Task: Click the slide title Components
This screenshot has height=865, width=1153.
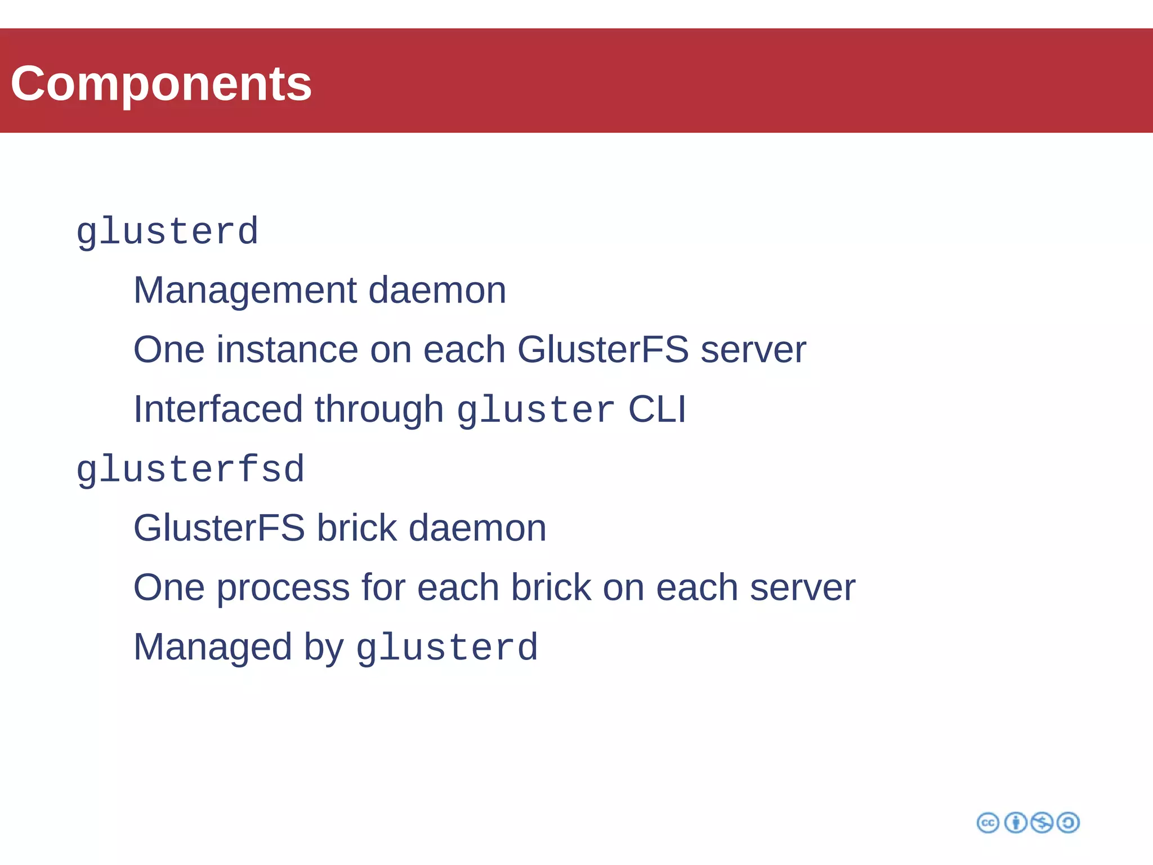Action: [x=161, y=83]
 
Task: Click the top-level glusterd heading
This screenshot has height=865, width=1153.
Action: [x=167, y=231]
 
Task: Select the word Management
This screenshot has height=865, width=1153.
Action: [x=245, y=290]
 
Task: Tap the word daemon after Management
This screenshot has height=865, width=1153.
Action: [x=437, y=290]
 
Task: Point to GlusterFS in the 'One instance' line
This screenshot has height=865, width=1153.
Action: [x=602, y=350]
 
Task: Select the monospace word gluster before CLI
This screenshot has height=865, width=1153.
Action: [x=535, y=410]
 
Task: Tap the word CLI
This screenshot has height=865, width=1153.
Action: [x=657, y=409]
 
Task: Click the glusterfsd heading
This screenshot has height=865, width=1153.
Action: [x=190, y=469]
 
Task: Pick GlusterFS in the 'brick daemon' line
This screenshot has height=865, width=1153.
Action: [x=219, y=528]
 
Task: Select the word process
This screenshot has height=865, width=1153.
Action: [x=283, y=588]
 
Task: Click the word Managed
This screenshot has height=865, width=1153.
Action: [x=213, y=647]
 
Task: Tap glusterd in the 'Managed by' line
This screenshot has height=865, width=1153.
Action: [x=447, y=648]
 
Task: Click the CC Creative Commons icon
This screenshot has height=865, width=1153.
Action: [x=988, y=823]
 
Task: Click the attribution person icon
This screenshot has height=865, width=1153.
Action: [x=1016, y=823]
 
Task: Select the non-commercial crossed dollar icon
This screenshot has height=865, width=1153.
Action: [x=1042, y=823]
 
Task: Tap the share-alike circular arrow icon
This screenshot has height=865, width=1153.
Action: [x=1068, y=823]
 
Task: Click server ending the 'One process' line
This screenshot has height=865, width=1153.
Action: [x=802, y=588]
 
